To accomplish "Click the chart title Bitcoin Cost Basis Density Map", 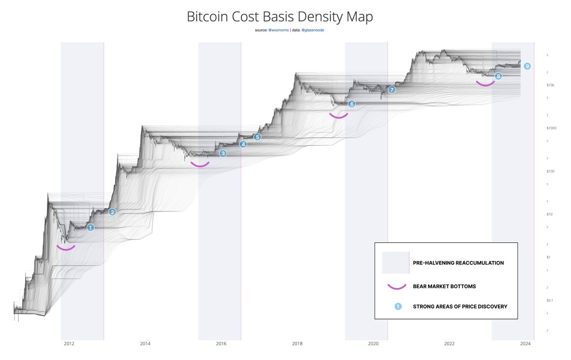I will tap(279, 17).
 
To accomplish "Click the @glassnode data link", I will tap(313, 30).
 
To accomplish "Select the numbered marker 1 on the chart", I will tap(90, 228).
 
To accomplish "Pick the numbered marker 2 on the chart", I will tap(112, 212).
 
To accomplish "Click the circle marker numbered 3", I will tap(223, 153).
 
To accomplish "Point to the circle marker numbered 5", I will tap(257, 137).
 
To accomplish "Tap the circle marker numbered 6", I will tap(352, 104).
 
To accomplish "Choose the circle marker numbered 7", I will tap(392, 90).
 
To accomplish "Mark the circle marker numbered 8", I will tap(498, 76).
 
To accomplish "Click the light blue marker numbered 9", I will tap(527, 66).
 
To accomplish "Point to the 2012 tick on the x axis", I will tap(69, 343).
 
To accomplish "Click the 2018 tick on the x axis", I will tap(297, 343).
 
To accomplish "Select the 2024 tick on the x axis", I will tap(525, 343).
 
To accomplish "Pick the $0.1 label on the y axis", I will tap(550, 300).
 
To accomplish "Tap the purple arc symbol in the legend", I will tap(396, 286).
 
